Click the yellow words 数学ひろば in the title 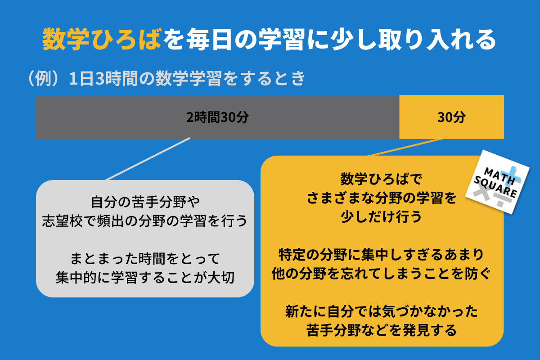(x=102, y=39)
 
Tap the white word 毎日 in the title (x=209, y=39)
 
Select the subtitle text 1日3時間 (x=103, y=79)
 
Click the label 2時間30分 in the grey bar (x=217, y=117)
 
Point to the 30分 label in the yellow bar (x=451, y=117)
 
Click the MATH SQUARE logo (x=497, y=182)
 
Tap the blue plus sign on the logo (x=510, y=175)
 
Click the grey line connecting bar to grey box (x=148, y=159)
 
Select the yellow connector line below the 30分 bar (x=405, y=147)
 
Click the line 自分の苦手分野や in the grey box (x=145, y=202)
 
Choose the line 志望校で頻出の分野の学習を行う (x=145, y=220)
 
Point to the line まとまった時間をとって (x=145, y=258)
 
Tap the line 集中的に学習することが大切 (x=145, y=278)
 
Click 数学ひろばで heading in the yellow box (x=382, y=179)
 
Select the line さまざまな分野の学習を (x=382, y=198)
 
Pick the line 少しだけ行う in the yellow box (x=382, y=217)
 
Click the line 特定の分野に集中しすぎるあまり (x=382, y=255)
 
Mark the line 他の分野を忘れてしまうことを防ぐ (x=382, y=274)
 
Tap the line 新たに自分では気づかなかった (x=382, y=311)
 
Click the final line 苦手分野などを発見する (x=382, y=330)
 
